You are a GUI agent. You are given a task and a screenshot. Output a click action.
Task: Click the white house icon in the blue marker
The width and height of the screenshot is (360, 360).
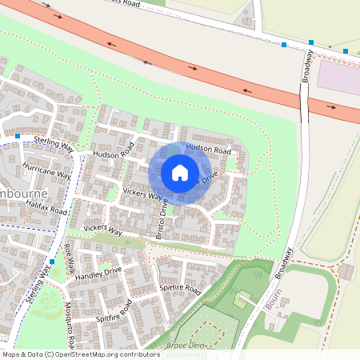(x=180, y=172)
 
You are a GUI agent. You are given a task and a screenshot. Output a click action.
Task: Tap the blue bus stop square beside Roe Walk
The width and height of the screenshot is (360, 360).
(x=52, y=261)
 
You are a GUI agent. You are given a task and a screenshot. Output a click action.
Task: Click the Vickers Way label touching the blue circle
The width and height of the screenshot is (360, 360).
(x=143, y=194)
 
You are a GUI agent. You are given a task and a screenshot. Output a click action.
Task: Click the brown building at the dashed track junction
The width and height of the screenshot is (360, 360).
(x=346, y=271)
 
